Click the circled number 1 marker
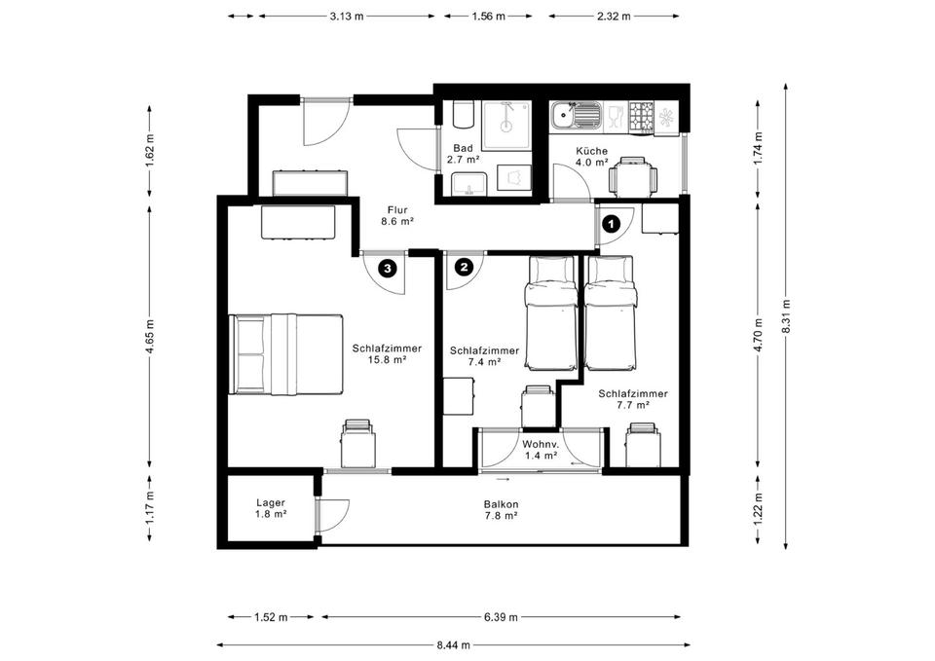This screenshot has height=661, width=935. coord(612,224)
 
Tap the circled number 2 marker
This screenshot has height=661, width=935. coord(464,267)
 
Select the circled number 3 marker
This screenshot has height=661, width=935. coord(388,269)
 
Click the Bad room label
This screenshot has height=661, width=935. coord(463,148)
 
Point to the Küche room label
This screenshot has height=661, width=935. coord(591,152)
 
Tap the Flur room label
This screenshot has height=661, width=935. coord(397,210)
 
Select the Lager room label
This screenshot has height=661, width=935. coord(271,503)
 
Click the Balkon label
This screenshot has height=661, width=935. coord(501,504)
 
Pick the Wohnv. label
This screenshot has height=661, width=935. coord(541,445)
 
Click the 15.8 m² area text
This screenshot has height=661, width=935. coord(387,359)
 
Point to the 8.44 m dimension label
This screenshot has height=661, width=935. coord(453,644)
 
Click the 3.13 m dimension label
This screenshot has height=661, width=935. coord(347,17)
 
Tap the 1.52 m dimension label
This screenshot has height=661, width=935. coord(271,617)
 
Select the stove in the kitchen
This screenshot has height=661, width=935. coord(642,116)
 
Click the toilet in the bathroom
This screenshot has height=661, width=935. coord(464,114)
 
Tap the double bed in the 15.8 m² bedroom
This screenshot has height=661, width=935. coord(286,354)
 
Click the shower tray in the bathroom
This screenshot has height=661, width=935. coord(506,126)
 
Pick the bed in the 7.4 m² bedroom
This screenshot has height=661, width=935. coord(551,313)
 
